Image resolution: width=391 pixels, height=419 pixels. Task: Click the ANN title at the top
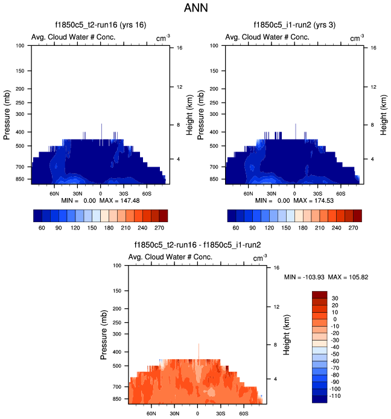(195, 9)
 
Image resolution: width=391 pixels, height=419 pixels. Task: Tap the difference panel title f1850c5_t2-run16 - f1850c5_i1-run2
(197, 245)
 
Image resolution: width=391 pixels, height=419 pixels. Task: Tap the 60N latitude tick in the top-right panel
(249, 194)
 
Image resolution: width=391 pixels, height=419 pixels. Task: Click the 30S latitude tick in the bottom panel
(221, 414)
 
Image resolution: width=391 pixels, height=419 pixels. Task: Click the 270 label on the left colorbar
(159, 229)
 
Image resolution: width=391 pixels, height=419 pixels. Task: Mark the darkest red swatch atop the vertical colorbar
(319, 294)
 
